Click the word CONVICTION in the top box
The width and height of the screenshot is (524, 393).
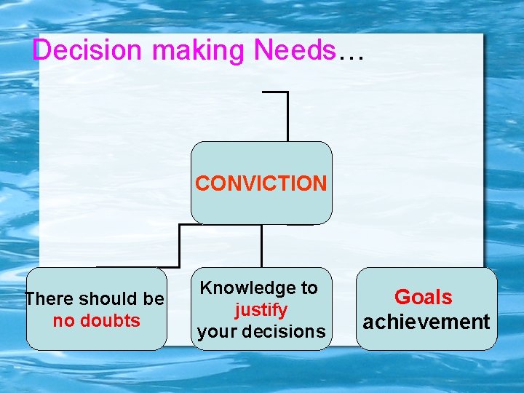(x=261, y=183)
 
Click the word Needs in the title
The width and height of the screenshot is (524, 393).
(x=295, y=50)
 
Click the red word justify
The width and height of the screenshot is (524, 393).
(x=261, y=310)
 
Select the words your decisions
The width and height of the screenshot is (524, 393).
(x=261, y=332)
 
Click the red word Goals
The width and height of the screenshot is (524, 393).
(x=423, y=297)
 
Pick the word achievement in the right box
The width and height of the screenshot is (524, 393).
(x=426, y=322)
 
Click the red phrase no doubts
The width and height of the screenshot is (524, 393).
(x=96, y=321)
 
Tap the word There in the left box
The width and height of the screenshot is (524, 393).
(x=49, y=299)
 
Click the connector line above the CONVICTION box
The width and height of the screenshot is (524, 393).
(x=287, y=116)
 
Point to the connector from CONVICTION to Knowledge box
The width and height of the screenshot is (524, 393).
(x=261, y=245)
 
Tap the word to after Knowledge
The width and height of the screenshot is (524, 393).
(x=309, y=288)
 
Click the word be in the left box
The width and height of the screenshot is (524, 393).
(x=154, y=299)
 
